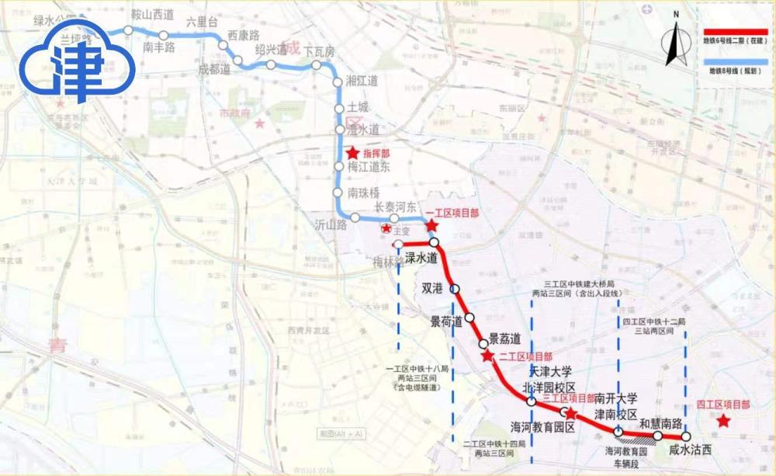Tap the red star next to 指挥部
coord(353,154)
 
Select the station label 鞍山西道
coord(153,14)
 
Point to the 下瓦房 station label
coord(319,51)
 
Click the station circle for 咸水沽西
coord(686,436)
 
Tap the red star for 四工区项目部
coord(723,421)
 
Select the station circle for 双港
coord(456,289)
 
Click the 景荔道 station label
coord(504,338)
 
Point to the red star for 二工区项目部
coord(487,356)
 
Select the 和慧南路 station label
coord(660,423)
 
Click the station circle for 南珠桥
coord(338,193)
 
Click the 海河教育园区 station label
coord(542,427)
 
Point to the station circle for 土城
coord(338,109)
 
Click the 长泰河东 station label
coord(396,207)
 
